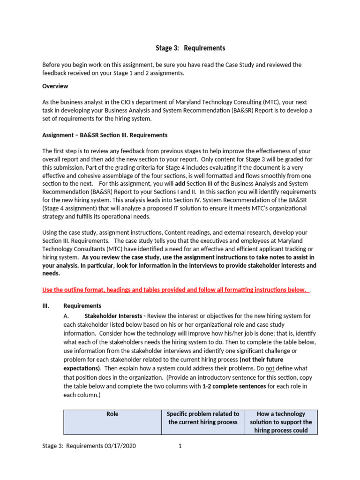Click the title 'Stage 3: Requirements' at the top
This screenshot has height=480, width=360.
click(x=190, y=48)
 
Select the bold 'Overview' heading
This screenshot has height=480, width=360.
click(x=55, y=86)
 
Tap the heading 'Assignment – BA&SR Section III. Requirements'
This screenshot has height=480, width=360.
click(x=105, y=135)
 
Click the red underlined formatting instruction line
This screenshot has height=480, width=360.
click(x=176, y=290)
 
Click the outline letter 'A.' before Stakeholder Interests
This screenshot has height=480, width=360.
click(x=66, y=316)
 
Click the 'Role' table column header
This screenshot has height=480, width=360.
click(x=112, y=414)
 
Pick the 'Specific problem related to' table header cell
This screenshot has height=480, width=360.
click(x=203, y=418)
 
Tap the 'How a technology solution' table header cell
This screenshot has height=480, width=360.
click(x=281, y=422)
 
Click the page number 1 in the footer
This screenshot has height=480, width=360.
click(x=180, y=446)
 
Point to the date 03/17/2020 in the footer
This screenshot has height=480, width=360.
click(x=120, y=446)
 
